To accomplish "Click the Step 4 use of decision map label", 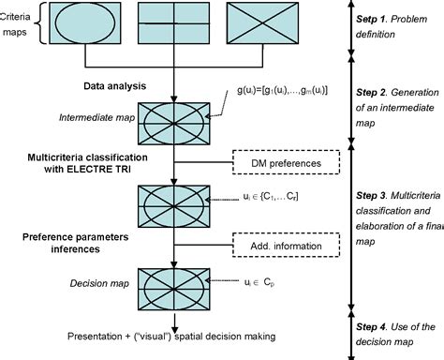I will click(394, 335).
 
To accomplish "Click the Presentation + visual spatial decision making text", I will click(166, 336).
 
